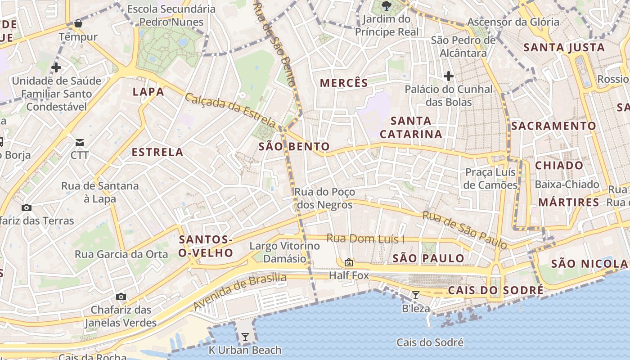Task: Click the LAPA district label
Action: click(x=148, y=92)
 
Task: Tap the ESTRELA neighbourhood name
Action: click(x=157, y=152)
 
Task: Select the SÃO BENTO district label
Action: click(x=294, y=146)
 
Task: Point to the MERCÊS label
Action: click(x=344, y=83)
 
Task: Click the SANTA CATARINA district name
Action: click(x=411, y=127)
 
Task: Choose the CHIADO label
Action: click(x=559, y=165)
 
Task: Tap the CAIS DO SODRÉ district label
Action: click(x=495, y=290)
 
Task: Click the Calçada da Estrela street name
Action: click(x=230, y=110)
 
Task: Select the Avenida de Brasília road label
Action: click(x=240, y=291)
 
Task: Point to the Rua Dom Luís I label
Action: click(x=365, y=238)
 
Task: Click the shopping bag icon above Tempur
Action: click(x=78, y=23)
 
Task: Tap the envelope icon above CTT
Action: click(x=80, y=143)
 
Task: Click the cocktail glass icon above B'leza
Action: click(x=416, y=295)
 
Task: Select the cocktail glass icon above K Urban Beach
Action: click(x=245, y=337)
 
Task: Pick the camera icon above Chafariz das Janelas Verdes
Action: click(x=121, y=297)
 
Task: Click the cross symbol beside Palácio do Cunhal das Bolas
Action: click(x=448, y=76)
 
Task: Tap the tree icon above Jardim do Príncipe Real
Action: click(x=386, y=6)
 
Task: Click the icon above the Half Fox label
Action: click(x=348, y=262)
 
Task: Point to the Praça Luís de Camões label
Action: click(x=490, y=179)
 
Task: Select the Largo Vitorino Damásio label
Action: click(x=284, y=252)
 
